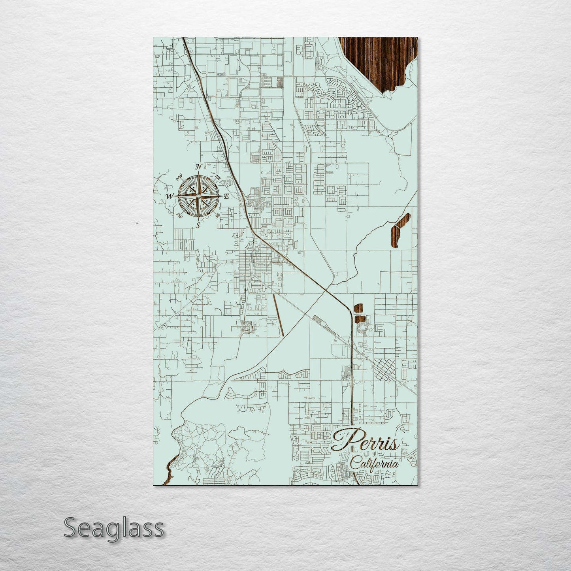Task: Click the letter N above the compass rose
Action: coord(199,166)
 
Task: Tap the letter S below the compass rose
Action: coord(198,225)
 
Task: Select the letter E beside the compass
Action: coord(226,196)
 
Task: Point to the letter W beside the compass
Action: coord(170,196)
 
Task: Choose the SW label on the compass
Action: coord(179,215)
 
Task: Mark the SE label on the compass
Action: coord(217,215)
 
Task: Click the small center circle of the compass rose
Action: coord(198,196)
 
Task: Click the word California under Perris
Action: coord(374,463)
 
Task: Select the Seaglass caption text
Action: coord(113,528)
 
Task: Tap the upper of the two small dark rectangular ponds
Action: coord(358,308)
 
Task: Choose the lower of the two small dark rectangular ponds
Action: coord(358,318)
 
